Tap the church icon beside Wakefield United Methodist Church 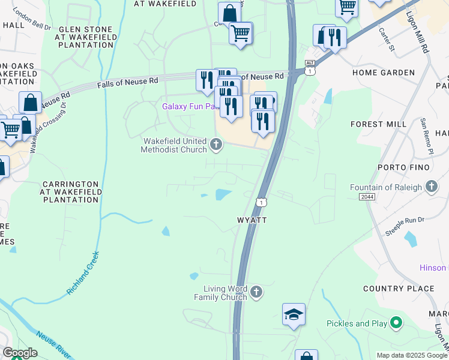tap(217, 144)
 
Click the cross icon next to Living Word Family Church tap(256, 292)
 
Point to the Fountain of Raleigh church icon tap(431, 187)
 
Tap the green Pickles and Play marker tap(396, 323)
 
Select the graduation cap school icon tap(294, 314)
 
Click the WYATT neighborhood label tap(251, 220)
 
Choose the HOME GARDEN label tap(384, 73)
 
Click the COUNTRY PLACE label tap(399, 289)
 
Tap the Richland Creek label tap(83, 273)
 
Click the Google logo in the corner tap(20, 353)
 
